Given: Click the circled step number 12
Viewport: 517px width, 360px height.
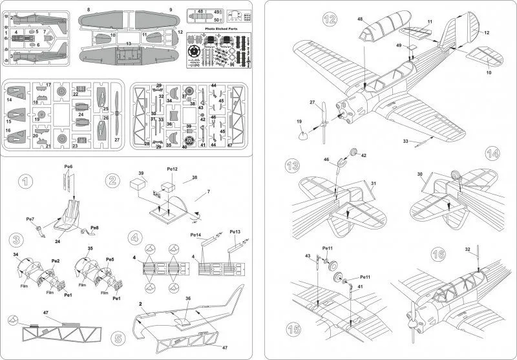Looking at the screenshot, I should pyautogui.click(x=330, y=19).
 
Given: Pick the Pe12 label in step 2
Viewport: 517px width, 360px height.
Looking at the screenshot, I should pyautogui.click(x=172, y=170).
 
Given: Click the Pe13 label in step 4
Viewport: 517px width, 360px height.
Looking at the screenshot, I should pyautogui.click(x=235, y=231).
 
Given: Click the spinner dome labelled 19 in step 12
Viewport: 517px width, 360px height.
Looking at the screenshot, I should pyautogui.click(x=303, y=134).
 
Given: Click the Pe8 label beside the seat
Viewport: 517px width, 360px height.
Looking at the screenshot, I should pyautogui.click(x=94, y=227).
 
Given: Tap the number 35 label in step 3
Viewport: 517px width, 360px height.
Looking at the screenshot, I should pyautogui.click(x=89, y=248).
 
